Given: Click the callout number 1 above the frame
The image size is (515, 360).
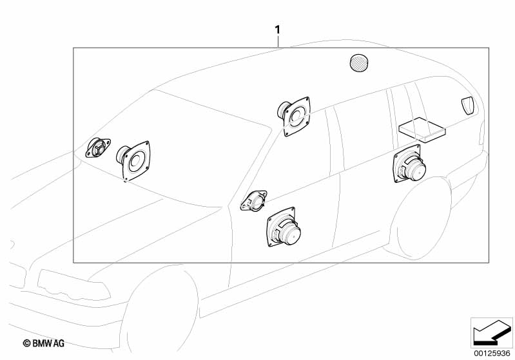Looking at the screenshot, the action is click(278, 30).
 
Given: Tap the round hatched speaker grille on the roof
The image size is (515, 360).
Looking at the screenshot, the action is click(358, 62).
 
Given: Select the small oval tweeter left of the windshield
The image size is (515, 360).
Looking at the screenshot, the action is click(98, 147).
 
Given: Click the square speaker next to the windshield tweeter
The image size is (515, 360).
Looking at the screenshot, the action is click(133, 160).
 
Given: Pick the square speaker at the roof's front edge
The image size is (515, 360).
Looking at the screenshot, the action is click(294, 116).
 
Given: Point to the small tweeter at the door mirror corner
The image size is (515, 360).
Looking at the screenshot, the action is click(253, 200).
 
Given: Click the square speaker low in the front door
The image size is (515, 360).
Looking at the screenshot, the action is click(284, 227).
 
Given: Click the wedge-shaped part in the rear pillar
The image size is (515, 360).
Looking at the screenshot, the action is click(468, 106).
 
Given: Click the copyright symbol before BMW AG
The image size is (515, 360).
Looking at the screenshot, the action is click(26, 343).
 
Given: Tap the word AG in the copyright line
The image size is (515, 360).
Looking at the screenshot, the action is click(59, 343).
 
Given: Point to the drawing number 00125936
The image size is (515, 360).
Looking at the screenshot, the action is click(492, 354).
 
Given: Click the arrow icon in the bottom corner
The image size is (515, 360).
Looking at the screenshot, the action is click(492, 333).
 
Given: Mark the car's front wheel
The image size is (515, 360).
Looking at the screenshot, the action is click(159, 312).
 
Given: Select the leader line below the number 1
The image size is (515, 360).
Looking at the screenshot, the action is click(278, 42).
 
